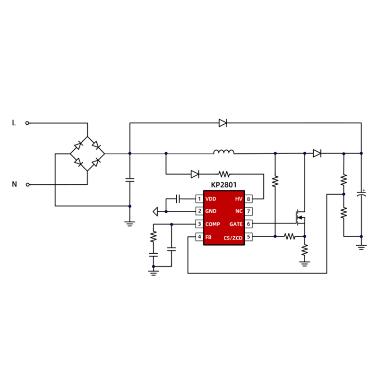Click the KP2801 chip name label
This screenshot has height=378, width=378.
223,185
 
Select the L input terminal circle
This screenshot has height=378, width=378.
27,123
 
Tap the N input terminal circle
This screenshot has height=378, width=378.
28,185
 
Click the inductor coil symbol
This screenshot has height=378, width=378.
223,152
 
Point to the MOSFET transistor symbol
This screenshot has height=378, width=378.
301,218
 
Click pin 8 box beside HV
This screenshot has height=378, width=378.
249,199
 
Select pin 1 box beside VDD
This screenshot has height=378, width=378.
199,199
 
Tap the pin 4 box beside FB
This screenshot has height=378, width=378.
199,237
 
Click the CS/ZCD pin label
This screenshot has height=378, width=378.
233,238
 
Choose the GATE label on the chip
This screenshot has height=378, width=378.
236,224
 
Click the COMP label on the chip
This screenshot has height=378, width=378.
213,224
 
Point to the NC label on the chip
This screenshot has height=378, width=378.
239,211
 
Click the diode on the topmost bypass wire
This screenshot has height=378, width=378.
223,123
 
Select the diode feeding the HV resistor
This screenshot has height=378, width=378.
195,174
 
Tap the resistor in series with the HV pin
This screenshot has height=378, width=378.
224,174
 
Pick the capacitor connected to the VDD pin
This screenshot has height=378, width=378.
178,199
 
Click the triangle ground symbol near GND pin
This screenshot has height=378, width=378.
155,211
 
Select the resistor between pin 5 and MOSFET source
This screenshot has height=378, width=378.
290,237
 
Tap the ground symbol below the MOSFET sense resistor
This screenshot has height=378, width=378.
305,264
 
